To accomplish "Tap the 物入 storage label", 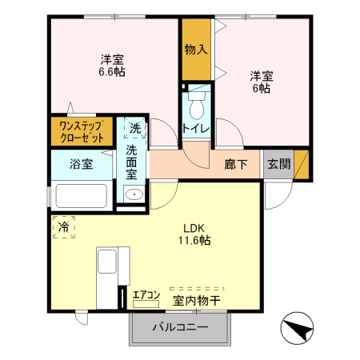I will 195,50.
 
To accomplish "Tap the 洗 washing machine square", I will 134,127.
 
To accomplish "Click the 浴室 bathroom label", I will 82,166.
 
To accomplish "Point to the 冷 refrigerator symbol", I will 64,227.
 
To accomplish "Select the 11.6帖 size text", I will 194,239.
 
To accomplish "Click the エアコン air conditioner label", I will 147,295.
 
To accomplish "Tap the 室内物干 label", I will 197,301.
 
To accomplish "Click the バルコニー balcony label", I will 181,329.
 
